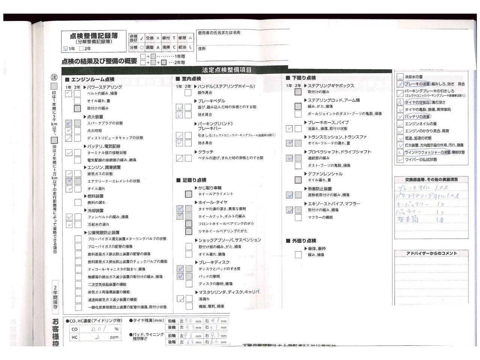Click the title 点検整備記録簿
94,36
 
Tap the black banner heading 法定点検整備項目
226,70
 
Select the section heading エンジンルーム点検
93,79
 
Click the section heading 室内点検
191,79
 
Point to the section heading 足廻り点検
194,180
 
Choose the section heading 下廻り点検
304,78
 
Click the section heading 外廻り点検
304,241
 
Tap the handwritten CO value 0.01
99,329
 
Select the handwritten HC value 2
97,337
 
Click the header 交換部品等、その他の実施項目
431,180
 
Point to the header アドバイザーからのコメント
431,253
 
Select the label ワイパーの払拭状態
421,160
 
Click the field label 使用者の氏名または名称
219,33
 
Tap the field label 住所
202,49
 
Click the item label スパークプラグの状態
105,123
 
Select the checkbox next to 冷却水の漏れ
69,225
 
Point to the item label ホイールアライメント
216,194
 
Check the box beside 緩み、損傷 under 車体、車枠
298,255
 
